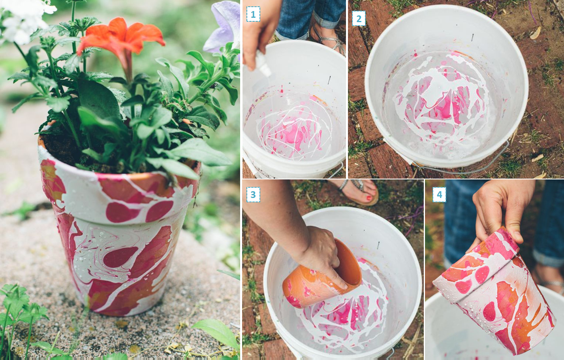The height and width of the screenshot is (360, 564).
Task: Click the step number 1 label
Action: point(253,14)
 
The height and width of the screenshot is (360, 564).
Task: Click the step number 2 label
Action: point(359,19)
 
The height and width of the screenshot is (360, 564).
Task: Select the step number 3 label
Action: point(253,195)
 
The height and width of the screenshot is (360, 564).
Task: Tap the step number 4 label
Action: point(439,195)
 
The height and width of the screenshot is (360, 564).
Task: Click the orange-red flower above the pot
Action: point(121,38)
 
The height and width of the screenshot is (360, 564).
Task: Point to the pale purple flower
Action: point(223,26)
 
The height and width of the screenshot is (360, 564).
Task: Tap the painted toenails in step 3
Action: point(368,197)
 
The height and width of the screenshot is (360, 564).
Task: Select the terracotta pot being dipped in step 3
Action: point(322,275)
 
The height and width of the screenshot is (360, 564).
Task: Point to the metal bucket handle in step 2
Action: point(461,166)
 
